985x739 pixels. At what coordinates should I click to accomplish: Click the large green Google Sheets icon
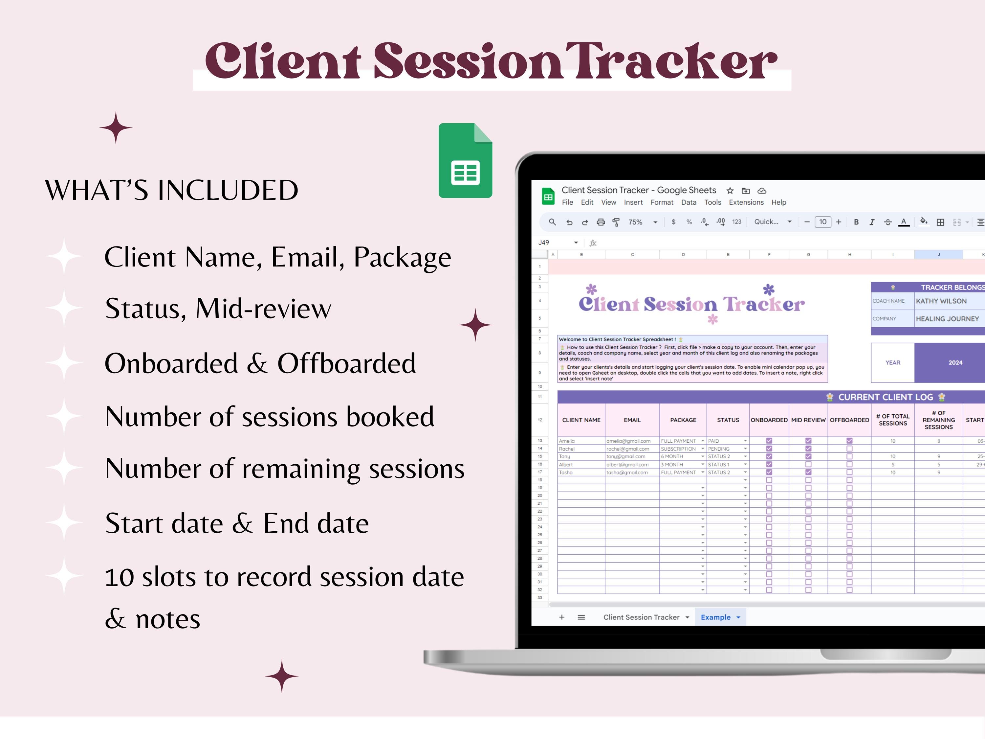[465, 160]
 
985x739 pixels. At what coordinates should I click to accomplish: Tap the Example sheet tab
[715, 617]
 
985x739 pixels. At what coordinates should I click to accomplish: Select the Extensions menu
[746, 202]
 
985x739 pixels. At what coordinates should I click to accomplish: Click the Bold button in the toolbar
[856, 222]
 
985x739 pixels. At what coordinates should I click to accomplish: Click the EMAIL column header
[632, 420]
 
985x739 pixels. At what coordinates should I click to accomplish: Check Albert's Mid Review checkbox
[808, 464]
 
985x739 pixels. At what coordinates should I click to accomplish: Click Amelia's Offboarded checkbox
[849, 441]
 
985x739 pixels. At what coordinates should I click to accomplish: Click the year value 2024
[955, 363]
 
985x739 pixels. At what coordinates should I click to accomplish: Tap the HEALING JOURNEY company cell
[947, 319]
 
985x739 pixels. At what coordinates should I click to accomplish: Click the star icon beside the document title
[730, 191]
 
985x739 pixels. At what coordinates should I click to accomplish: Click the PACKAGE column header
[683, 420]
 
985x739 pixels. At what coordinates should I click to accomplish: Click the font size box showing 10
[822, 222]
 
